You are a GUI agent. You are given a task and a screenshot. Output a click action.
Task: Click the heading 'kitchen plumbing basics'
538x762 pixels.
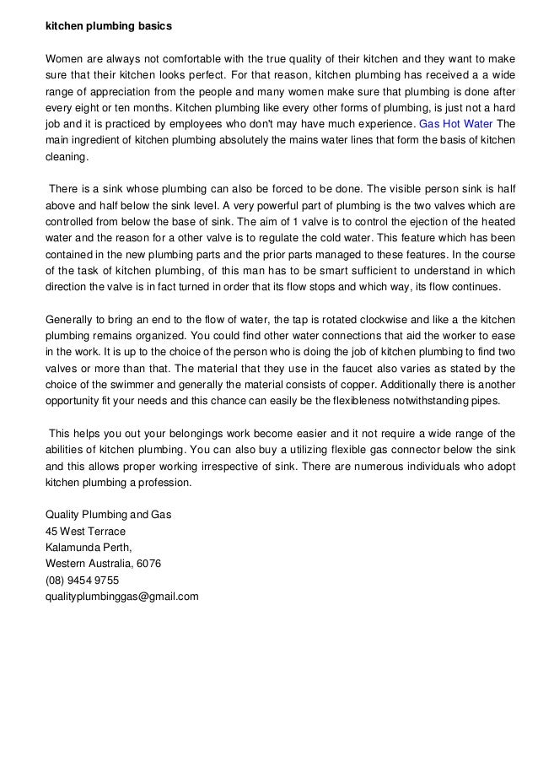tap(108, 27)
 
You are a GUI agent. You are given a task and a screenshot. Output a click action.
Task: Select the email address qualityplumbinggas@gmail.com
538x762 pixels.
tap(121, 597)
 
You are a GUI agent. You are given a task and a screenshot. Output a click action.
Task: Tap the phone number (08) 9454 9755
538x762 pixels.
tap(82, 581)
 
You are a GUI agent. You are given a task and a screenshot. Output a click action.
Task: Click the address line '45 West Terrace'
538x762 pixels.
tap(85, 532)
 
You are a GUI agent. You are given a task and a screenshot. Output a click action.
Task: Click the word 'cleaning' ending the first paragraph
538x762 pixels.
tap(66, 157)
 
